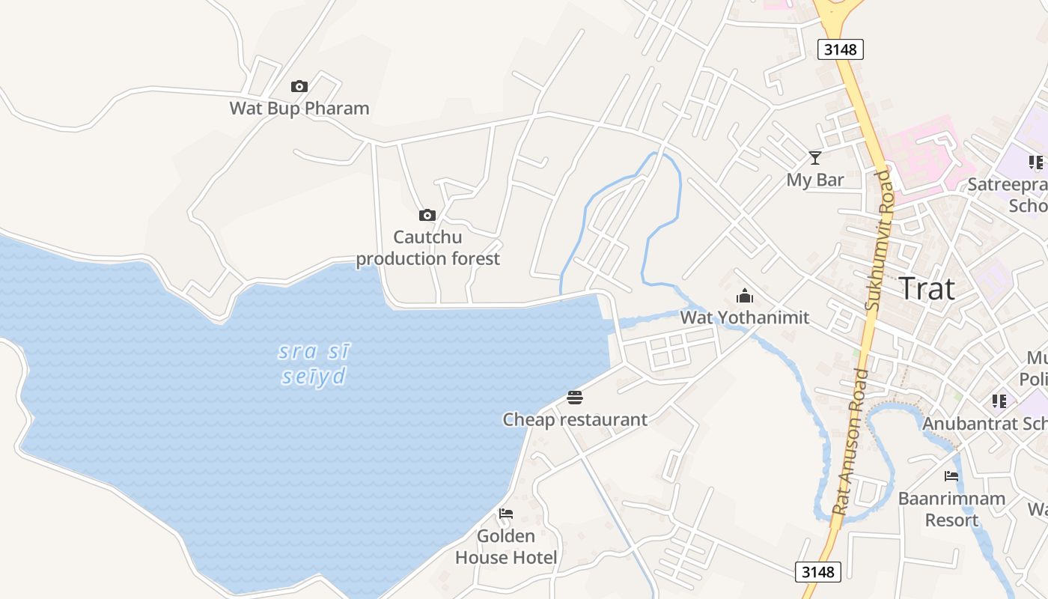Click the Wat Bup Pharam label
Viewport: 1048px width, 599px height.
pyautogui.click(x=299, y=108)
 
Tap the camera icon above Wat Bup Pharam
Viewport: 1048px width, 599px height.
pyautogui.click(x=299, y=87)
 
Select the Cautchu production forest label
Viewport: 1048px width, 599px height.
pyautogui.click(x=427, y=248)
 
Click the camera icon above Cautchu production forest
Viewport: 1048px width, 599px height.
pyautogui.click(x=427, y=216)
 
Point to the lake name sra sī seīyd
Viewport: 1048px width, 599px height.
pyautogui.click(x=314, y=363)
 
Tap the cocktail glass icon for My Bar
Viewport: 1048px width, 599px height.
pyautogui.click(x=815, y=158)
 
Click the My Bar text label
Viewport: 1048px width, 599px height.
pyautogui.click(x=814, y=180)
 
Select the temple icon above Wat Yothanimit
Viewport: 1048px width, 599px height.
pyautogui.click(x=744, y=296)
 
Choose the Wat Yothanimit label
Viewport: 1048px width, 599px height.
pyautogui.click(x=744, y=317)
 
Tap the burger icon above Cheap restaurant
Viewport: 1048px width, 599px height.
pyautogui.click(x=574, y=398)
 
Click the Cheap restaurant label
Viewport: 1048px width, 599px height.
pyautogui.click(x=574, y=419)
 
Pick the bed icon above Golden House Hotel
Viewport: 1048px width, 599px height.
pyautogui.click(x=506, y=514)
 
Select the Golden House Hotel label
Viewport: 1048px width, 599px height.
pyautogui.click(x=506, y=547)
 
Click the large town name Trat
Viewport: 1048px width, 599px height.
pyautogui.click(x=926, y=289)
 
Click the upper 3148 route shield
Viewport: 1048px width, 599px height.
pyautogui.click(x=840, y=49)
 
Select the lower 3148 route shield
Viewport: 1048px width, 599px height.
pyautogui.click(x=817, y=572)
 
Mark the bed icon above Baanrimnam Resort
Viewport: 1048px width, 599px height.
pyautogui.click(x=951, y=476)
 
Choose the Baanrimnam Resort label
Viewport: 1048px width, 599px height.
pyautogui.click(x=951, y=509)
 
